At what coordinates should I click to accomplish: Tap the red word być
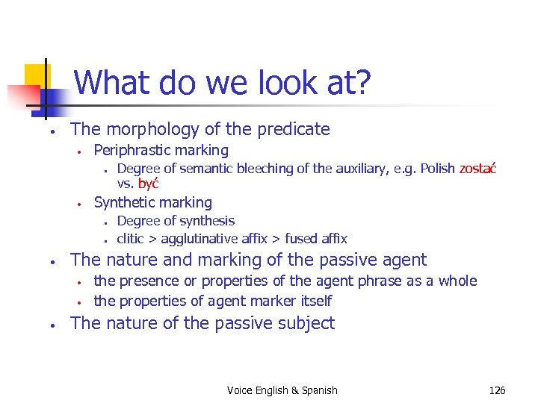tap(149, 184)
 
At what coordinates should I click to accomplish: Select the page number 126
tap(497, 390)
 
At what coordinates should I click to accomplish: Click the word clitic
tap(132, 239)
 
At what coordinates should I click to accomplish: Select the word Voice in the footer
tap(241, 390)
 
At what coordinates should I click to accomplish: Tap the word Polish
tap(437, 169)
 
